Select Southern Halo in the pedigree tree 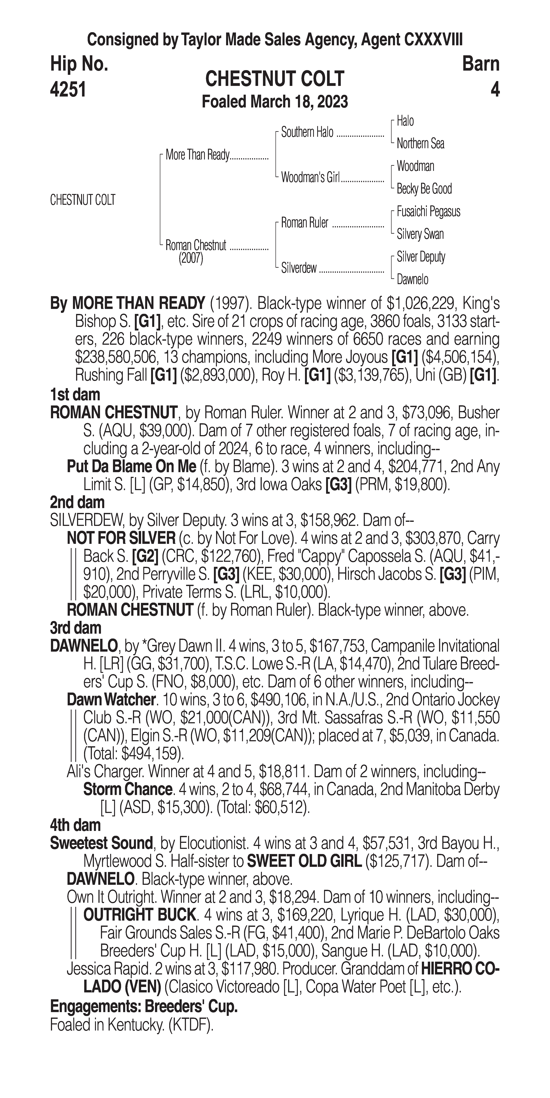point(307,133)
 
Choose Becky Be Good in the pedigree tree point(424,189)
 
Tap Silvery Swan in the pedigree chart point(420,234)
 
